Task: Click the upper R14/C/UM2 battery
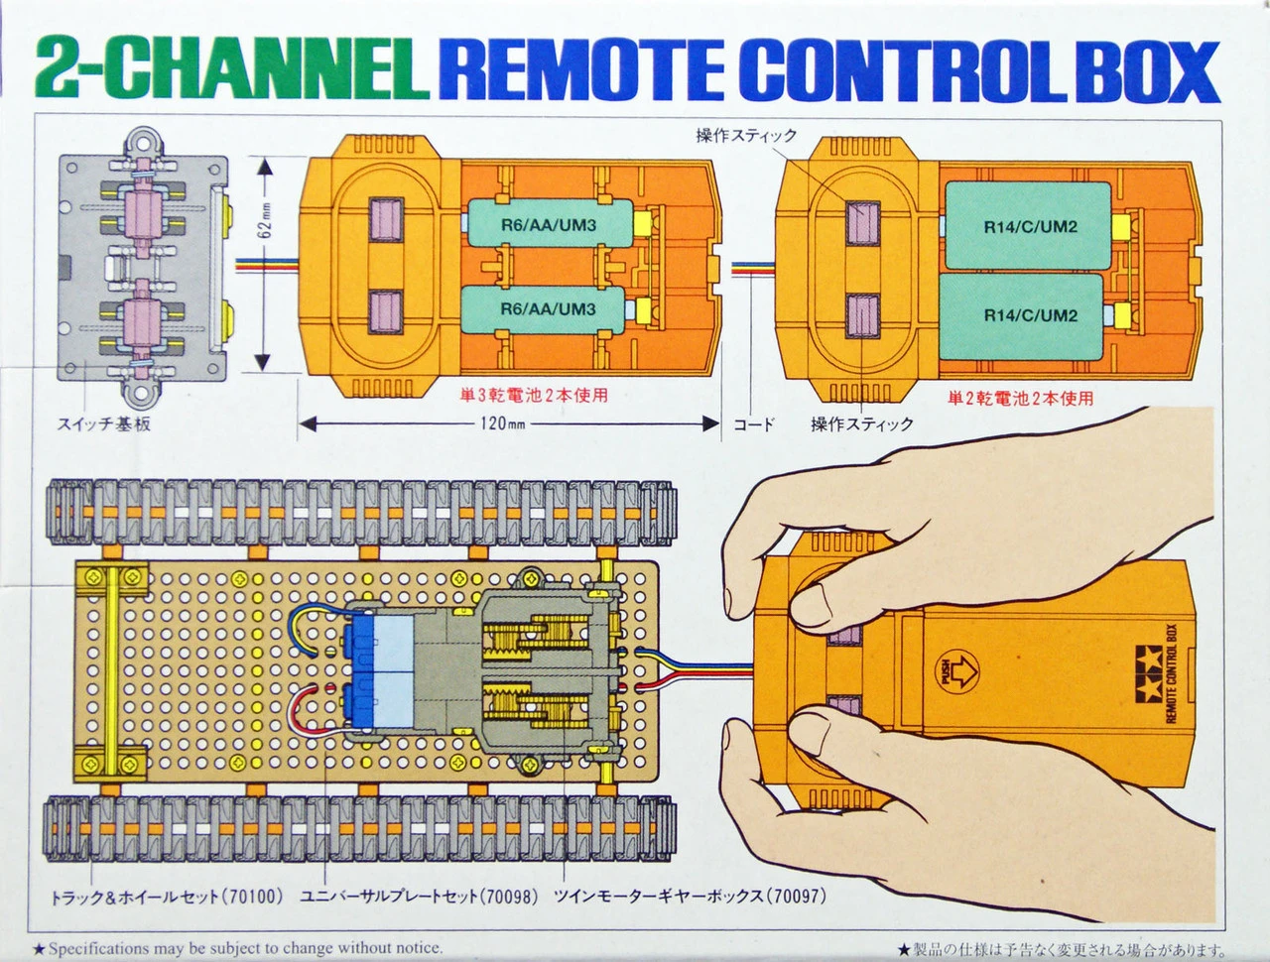[x=1029, y=226]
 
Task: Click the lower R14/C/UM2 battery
[x=1029, y=315]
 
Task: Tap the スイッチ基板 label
[x=104, y=424]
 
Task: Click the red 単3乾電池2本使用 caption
[x=533, y=396]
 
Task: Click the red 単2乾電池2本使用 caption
[x=1020, y=398]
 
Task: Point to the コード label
[x=753, y=424]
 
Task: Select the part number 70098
[x=510, y=897]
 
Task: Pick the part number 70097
[x=798, y=897]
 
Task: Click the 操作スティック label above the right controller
[x=746, y=136]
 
